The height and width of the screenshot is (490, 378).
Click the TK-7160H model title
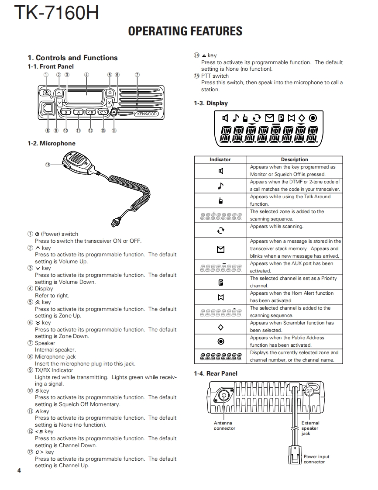coord(56,13)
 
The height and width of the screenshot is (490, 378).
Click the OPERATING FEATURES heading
coord(185,31)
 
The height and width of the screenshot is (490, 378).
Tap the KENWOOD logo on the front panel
coord(146,114)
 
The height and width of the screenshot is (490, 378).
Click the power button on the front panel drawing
coord(46,93)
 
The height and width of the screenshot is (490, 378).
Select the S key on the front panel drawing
coord(65,113)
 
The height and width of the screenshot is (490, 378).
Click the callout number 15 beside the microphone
coord(48,164)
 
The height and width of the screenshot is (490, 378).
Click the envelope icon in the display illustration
coord(269,117)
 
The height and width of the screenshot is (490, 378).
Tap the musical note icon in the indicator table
coord(220,186)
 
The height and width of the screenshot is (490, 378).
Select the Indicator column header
coord(220,159)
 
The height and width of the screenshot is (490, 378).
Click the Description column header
coord(294,159)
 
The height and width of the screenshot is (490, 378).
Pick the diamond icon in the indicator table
coord(220,327)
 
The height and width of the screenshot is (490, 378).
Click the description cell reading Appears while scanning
coord(276,226)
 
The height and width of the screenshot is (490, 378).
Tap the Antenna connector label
coord(224,426)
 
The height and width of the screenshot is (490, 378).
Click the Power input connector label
coord(316,459)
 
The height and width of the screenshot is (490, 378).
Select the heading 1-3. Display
coord(211,104)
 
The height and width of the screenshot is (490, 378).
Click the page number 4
coord(19,470)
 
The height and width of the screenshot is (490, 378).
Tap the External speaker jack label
coord(310,428)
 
